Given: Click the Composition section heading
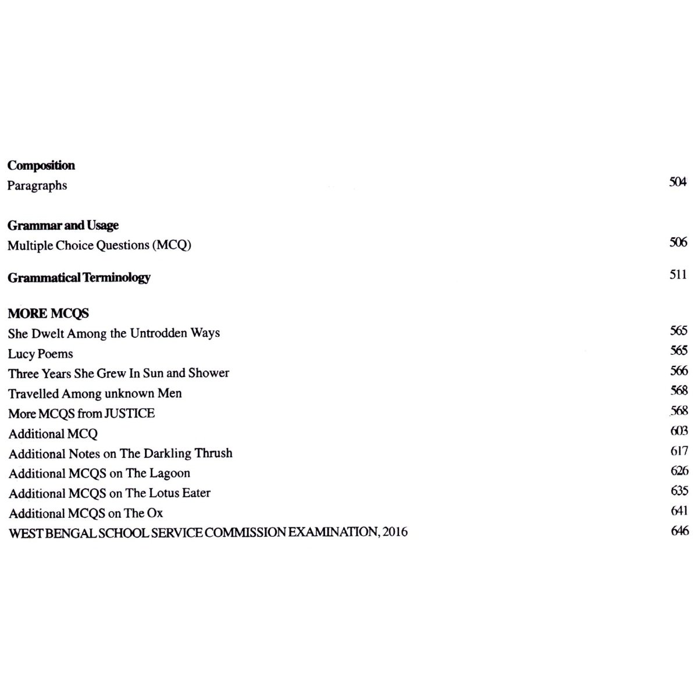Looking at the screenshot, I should pos(41,165).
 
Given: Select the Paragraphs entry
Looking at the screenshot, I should pos(37,186).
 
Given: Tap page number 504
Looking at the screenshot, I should pos(678,182).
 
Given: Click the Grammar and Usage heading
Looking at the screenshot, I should pos(63,225).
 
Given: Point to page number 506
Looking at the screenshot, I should pos(678,242).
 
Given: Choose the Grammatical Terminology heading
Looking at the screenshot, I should pos(79,277).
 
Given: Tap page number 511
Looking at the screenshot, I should pos(678,275).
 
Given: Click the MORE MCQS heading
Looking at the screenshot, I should pos(48,314).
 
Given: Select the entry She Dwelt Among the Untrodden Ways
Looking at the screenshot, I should pos(114,333).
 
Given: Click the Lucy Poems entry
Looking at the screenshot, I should pos(41,354).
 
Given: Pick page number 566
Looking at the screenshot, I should pos(679,371).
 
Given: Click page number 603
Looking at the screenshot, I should pos(679,431).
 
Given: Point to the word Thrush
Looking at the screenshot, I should pos(213,453).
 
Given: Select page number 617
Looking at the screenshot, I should pos(679,451).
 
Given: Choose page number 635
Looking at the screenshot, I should pos(679,490).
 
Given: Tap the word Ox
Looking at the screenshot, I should pos(155,514).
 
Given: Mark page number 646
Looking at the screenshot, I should pos(679,530).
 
